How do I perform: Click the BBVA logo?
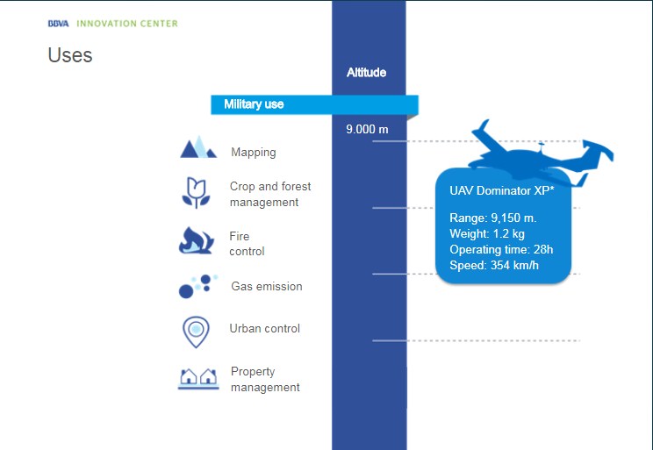58,24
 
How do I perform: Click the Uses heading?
70,55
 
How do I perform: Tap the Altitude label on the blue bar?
367,73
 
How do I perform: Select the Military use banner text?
254,104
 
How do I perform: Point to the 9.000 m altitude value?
367,129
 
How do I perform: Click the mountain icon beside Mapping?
198,147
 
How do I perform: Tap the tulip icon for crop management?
196,193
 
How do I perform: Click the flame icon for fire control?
196,240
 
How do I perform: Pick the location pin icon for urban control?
196,332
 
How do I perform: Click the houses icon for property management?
198,378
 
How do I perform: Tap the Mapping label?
254,153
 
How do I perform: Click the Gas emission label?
267,286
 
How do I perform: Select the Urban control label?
264,328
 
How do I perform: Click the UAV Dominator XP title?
502,190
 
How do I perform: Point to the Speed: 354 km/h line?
494,265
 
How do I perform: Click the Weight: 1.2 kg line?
487,233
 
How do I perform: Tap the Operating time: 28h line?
501,249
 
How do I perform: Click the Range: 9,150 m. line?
493,218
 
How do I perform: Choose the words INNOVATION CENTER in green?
127,24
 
